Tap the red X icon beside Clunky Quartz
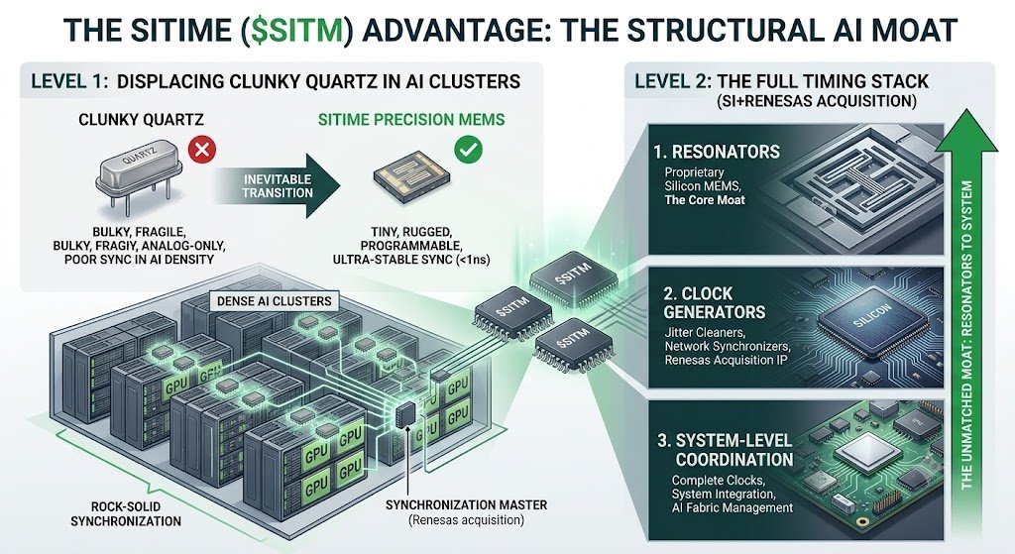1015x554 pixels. coord(202,151)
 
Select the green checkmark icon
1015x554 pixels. coord(468,150)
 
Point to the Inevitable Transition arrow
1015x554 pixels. coord(278,185)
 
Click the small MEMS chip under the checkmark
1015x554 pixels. coord(411,178)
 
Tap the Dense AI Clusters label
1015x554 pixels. coord(274,301)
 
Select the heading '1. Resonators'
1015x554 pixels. coord(717,152)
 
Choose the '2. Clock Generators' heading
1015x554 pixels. coord(714,303)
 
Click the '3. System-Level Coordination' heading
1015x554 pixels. coord(725,450)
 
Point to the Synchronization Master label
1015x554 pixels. coord(466,504)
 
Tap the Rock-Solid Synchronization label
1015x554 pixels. coord(126,514)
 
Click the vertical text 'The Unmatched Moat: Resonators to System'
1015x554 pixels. coord(967,335)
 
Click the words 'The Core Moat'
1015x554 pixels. coord(705,200)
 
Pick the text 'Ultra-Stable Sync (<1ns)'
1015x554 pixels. coord(411,260)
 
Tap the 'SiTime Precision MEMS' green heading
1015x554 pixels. coord(411,120)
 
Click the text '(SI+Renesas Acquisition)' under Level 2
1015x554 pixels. coord(817,101)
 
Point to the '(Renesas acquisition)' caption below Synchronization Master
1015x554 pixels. coord(466,519)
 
